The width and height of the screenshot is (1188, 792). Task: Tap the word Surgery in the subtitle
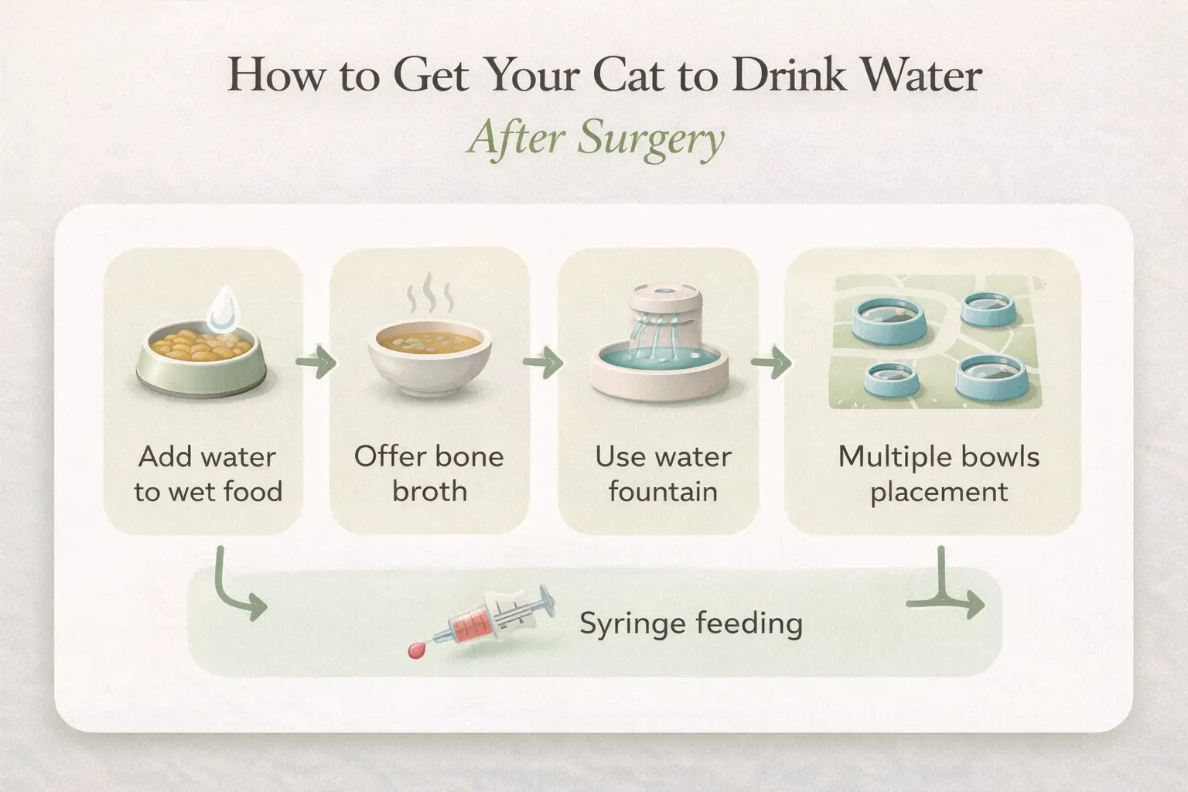650,140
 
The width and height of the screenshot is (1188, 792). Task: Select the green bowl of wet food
201,360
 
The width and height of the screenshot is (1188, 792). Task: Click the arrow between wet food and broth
316,362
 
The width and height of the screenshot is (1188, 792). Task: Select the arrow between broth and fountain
543,362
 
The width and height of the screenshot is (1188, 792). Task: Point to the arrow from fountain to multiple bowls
771,362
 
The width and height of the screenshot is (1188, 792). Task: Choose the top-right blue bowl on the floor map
988,309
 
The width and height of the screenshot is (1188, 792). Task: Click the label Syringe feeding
691,623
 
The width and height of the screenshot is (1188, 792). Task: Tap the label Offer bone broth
429,473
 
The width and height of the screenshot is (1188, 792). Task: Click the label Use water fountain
663,473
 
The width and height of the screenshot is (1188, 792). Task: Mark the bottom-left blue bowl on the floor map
890,378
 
